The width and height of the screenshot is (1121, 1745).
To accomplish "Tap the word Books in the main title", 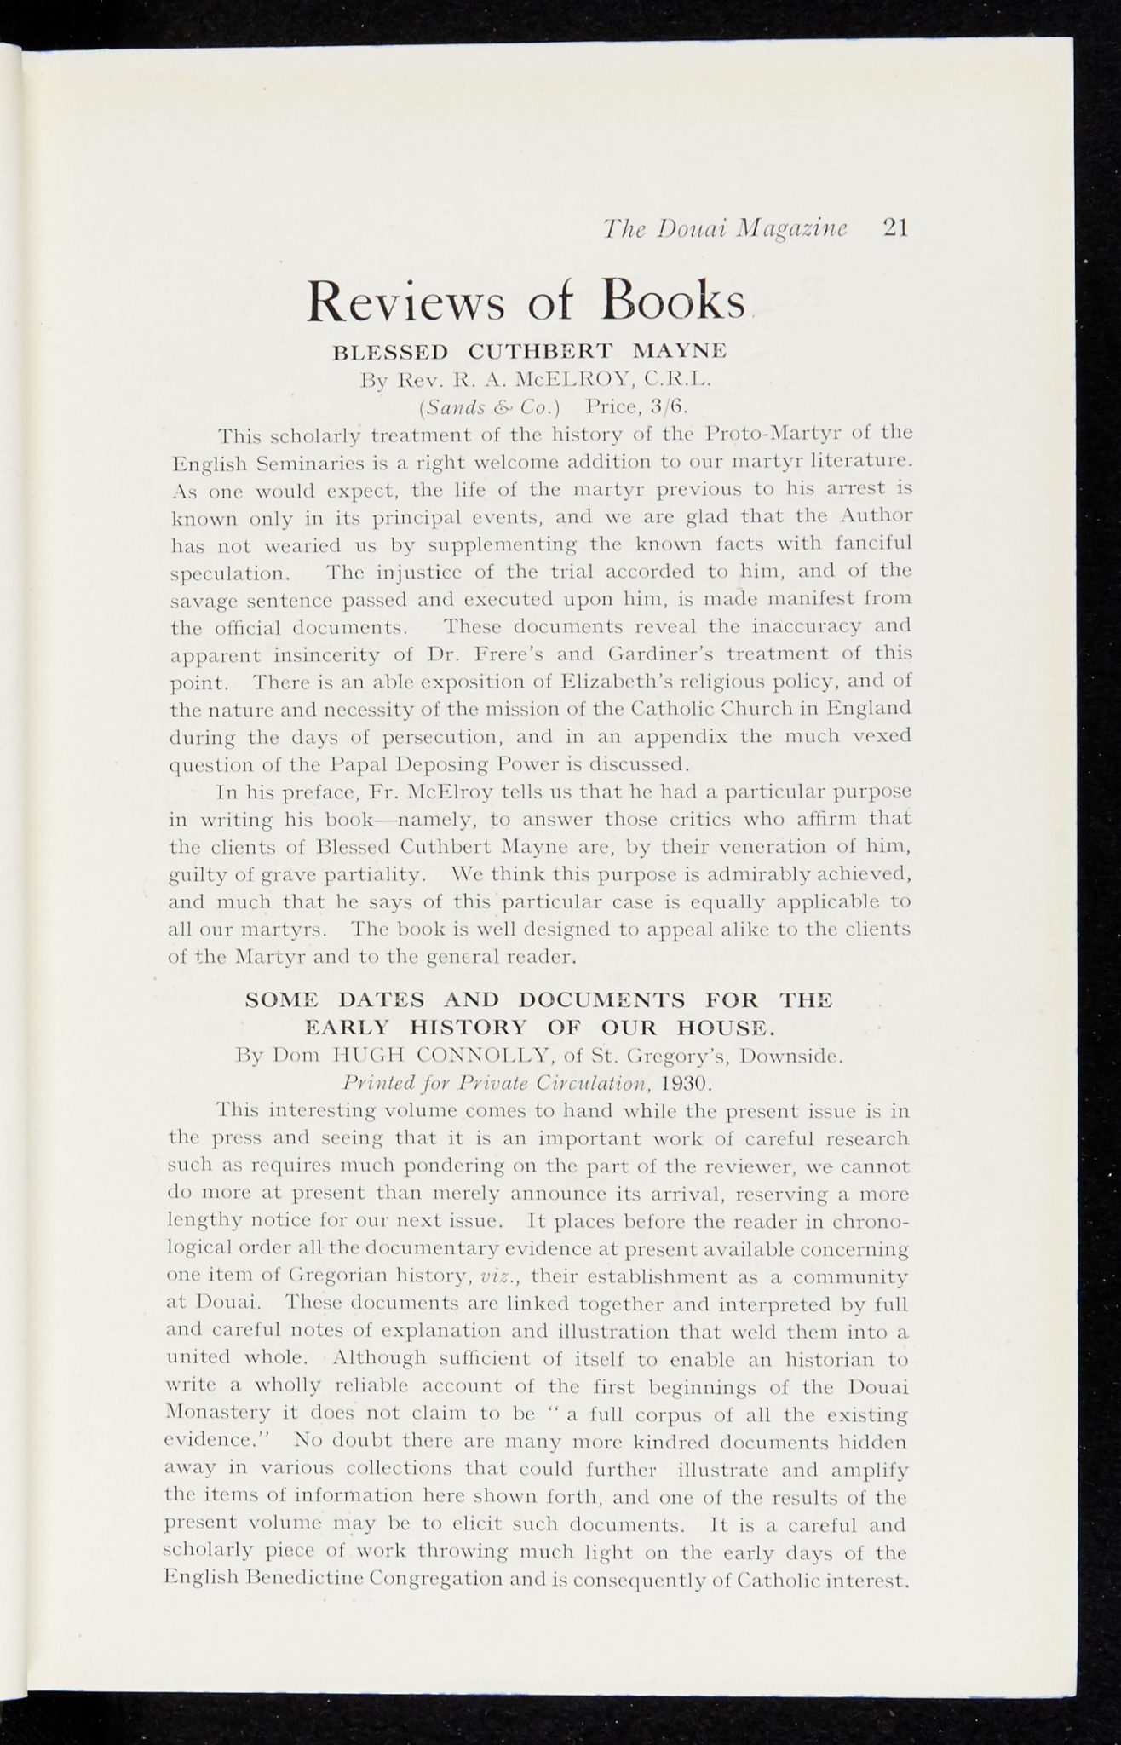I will (x=672, y=301).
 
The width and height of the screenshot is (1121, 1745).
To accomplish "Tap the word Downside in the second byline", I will (x=790, y=1057).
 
